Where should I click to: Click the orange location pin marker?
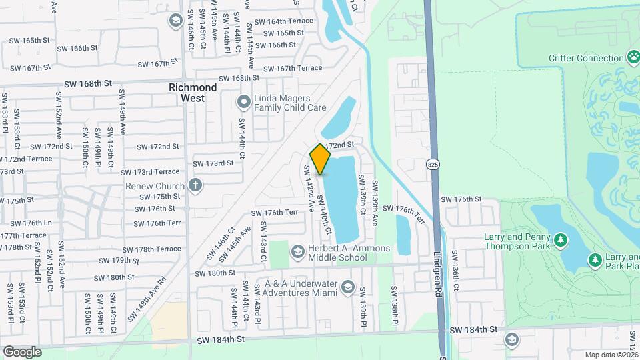pyautogui.click(x=321, y=159)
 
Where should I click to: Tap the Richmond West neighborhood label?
pyautogui.click(x=193, y=93)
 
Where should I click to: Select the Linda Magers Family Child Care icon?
pyautogui.click(x=243, y=102)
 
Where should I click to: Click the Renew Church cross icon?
pyautogui.click(x=195, y=185)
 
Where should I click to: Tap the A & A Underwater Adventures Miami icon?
pyautogui.click(x=347, y=287)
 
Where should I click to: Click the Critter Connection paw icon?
pyautogui.click(x=632, y=58)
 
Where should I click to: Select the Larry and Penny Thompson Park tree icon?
pyautogui.click(x=560, y=239)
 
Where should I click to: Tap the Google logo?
pyautogui.click(x=22, y=351)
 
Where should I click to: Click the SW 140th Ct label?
pyautogui.click(x=324, y=218)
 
